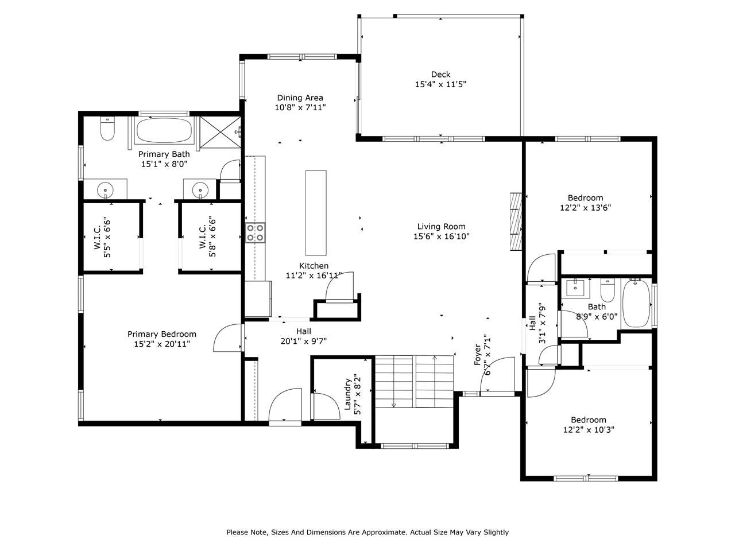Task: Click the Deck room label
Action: click(440, 74)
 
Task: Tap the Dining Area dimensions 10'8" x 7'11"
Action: click(300, 107)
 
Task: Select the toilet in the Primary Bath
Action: click(107, 129)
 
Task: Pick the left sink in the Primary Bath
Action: click(105, 189)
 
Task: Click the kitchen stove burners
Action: click(256, 232)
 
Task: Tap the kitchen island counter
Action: click(315, 212)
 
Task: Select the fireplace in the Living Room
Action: click(516, 221)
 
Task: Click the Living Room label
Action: click(441, 226)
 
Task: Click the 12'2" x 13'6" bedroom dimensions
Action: click(585, 208)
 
